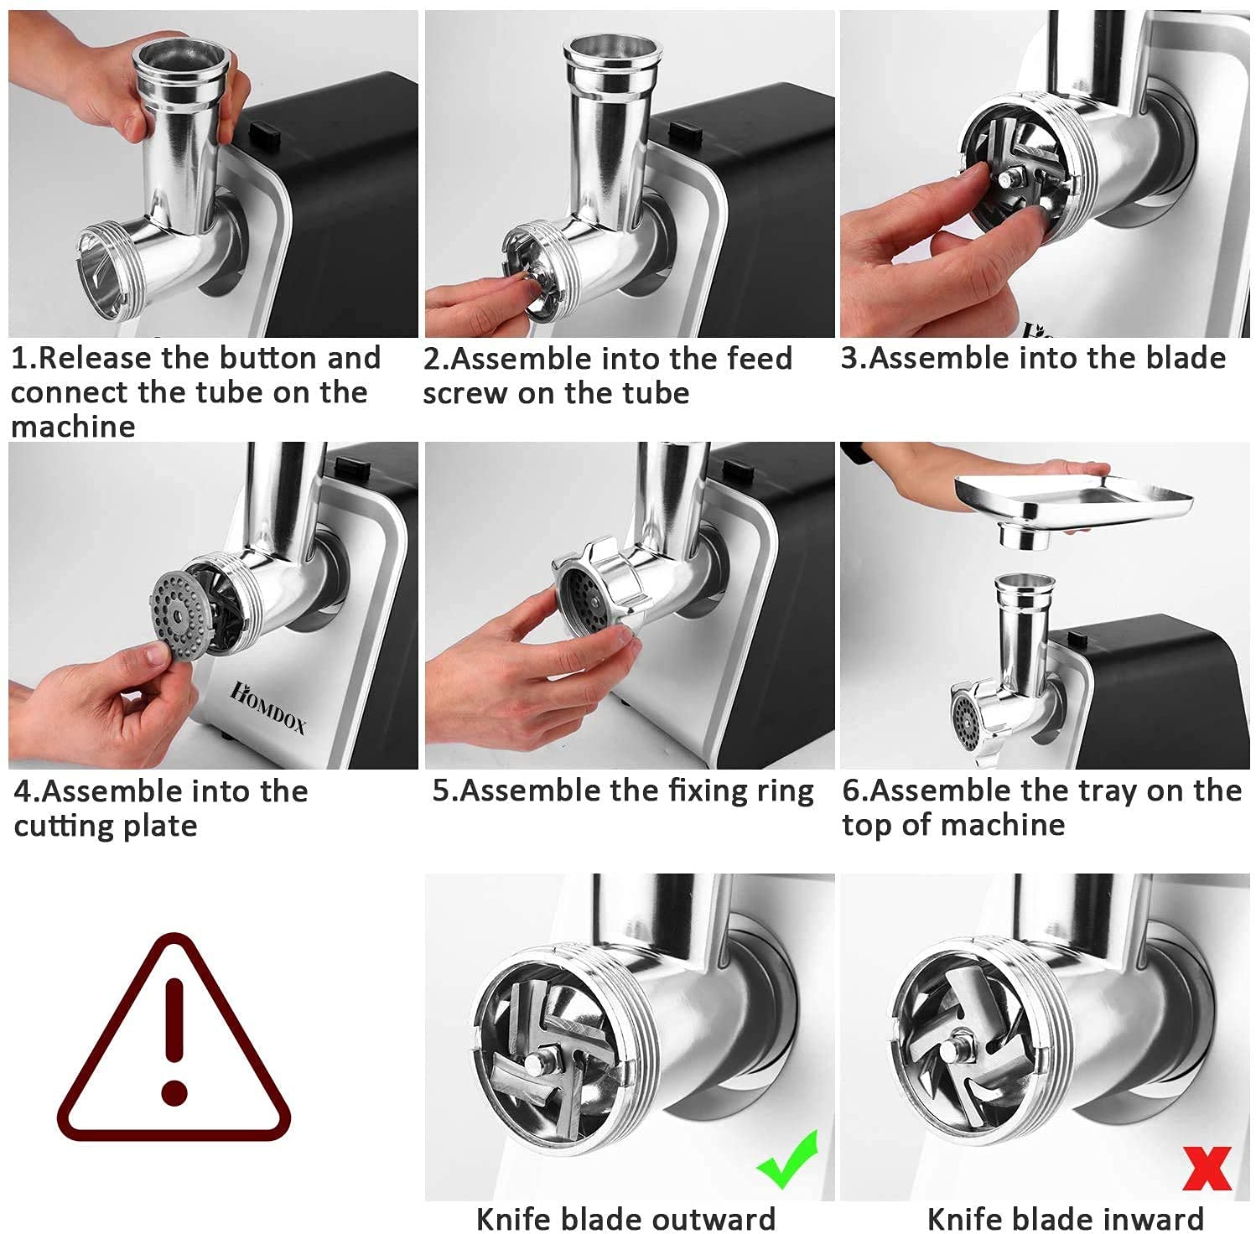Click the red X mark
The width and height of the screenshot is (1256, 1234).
coord(1207,1168)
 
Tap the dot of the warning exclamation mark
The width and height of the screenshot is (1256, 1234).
coord(174,1091)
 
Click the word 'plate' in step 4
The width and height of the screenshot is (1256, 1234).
coord(160,827)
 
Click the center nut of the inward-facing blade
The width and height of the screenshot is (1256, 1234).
coord(954,1050)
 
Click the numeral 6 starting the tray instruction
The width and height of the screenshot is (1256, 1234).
coord(850,792)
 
